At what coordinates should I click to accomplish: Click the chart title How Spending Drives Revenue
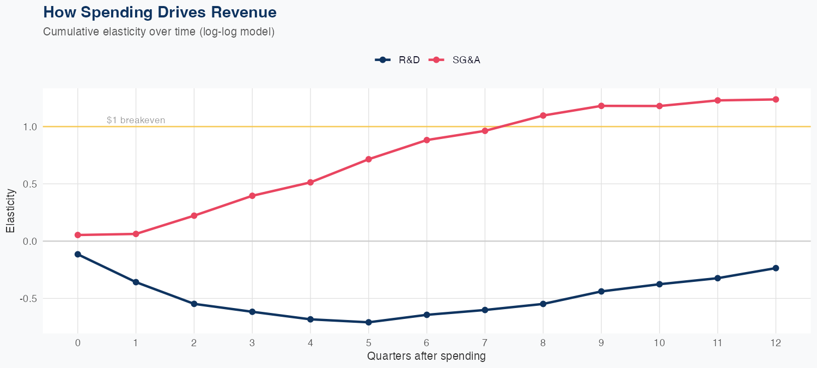tap(160, 12)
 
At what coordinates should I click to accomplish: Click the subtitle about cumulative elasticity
tap(158, 32)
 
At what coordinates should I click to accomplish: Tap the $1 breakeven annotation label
tap(136, 120)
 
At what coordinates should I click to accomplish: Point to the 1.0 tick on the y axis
tap(29, 126)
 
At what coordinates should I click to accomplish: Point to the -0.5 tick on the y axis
tap(28, 299)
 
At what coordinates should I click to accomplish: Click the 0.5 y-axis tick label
tap(29, 184)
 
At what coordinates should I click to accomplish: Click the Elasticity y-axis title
tap(10, 213)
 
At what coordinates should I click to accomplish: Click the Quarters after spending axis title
tap(426, 357)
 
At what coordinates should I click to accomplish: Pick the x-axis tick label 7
tap(485, 343)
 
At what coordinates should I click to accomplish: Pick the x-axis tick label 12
tap(776, 343)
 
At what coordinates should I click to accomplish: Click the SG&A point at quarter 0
tap(77, 235)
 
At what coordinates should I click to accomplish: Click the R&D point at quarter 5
tap(369, 322)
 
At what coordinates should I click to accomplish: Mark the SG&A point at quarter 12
tap(776, 99)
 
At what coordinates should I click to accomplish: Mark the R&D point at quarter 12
tap(776, 268)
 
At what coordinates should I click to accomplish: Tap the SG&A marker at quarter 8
tap(543, 116)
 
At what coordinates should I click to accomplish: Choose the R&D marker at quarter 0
tap(77, 254)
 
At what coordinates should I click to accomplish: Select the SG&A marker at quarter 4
tap(310, 182)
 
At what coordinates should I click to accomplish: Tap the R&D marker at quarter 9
tap(601, 291)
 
